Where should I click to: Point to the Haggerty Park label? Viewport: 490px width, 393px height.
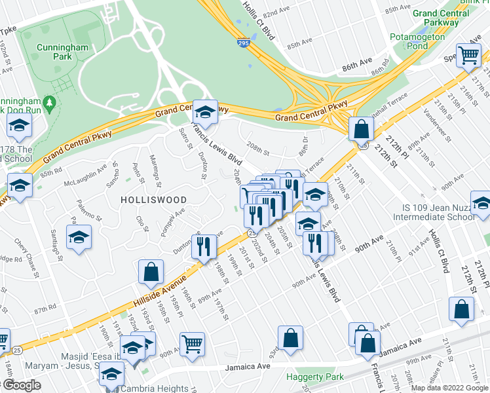314,377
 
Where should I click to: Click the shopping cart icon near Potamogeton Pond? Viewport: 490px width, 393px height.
468,56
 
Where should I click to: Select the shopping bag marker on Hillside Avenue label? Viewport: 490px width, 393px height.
151,272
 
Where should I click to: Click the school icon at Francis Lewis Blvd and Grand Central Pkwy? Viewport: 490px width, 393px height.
206,113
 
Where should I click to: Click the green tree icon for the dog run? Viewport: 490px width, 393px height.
48,103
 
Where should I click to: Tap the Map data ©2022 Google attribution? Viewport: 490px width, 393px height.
449,388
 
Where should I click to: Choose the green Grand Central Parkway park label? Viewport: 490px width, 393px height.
438,17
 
